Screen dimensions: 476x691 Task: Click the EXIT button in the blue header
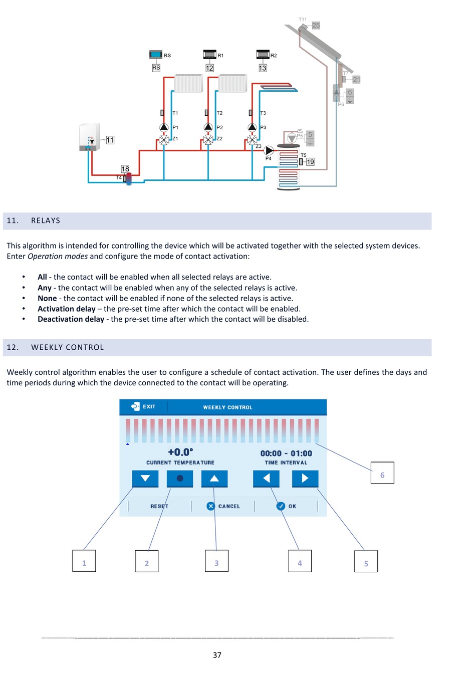[x=143, y=406]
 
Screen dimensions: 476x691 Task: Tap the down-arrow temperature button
[x=145, y=479]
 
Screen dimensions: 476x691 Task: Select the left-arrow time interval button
[x=266, y=479]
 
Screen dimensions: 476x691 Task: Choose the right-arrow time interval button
[x=305, y=479]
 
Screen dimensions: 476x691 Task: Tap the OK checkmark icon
[x=281, y=506]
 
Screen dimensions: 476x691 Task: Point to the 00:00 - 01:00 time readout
[x=286, y=453]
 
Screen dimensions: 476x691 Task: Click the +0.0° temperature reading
[x=180, y=452]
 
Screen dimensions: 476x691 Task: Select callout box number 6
[x=382, y=473]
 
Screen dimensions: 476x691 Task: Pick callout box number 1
[x=84, y=561]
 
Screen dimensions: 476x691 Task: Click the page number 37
[x=217, y=655]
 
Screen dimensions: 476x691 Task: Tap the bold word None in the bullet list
[x=47, y=298]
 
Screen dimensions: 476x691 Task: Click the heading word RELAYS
[x=46, y=220]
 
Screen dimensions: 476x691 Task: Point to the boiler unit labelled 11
[x=90, y=137]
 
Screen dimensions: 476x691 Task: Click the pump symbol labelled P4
[x=269, y=150]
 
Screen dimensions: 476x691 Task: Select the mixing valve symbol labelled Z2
[x=208, y=140]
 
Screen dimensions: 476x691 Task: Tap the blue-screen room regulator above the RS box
[x=155, y=54]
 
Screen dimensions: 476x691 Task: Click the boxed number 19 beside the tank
[x=310, y=162]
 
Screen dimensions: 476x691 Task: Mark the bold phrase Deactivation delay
[x=71, y=319]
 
